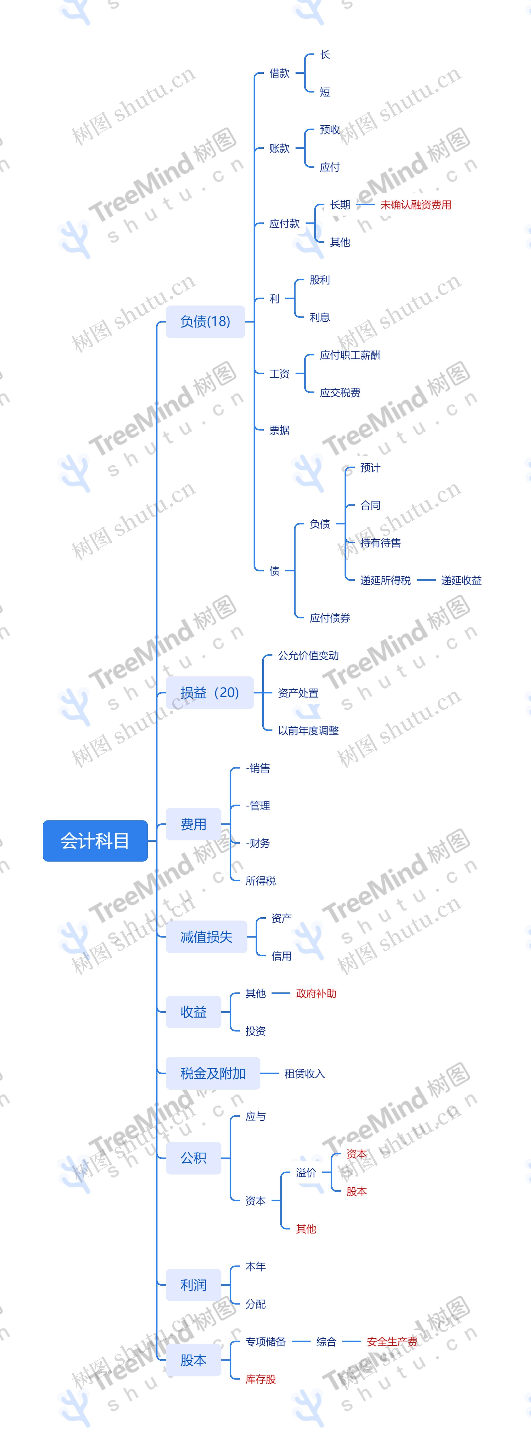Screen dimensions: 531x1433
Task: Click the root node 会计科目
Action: (95, 841)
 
